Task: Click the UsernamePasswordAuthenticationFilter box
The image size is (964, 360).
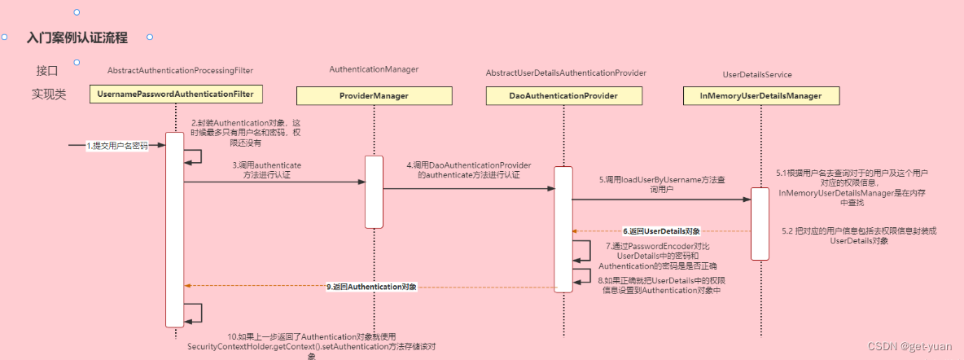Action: point(176,94)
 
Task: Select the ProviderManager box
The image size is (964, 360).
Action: point(374,96)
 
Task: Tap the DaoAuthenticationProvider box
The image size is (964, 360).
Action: point(563,96)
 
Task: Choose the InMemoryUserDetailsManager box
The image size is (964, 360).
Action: point(760,96)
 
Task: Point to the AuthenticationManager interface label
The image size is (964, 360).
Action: point(374,70)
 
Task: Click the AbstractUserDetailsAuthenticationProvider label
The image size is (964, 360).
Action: point(566,73)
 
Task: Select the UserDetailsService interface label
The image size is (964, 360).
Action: point(757,75)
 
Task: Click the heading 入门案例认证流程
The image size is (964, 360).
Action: point(77,38)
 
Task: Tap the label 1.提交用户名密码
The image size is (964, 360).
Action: point(117,146)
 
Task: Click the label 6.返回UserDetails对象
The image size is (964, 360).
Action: point(661,231)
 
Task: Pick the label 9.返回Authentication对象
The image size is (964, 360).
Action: point(371,287)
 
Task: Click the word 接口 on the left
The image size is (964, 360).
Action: point(47,71)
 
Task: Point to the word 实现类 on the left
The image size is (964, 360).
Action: point(49,94)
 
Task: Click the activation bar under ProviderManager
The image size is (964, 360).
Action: point(374,192)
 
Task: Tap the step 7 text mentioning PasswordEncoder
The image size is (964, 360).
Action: point(657,256)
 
